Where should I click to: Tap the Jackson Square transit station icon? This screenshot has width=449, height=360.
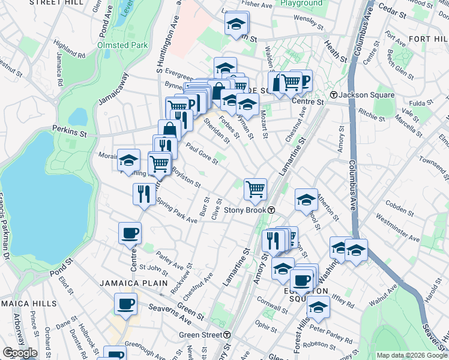(334, 95)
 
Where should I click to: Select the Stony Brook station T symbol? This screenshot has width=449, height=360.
(271, 210)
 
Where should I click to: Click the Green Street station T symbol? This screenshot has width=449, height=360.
(227, 334)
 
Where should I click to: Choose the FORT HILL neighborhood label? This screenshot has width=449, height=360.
(426, 39)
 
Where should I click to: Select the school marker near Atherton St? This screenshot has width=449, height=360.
(306, 199)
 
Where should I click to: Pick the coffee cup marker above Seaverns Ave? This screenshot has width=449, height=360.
(125, 304)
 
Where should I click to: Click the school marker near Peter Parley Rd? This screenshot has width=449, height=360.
(318, 308)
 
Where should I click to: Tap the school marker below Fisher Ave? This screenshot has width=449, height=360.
(237, 24)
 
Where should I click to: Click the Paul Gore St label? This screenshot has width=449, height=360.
(201, 152)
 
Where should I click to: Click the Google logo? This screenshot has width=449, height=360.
(20, 353)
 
